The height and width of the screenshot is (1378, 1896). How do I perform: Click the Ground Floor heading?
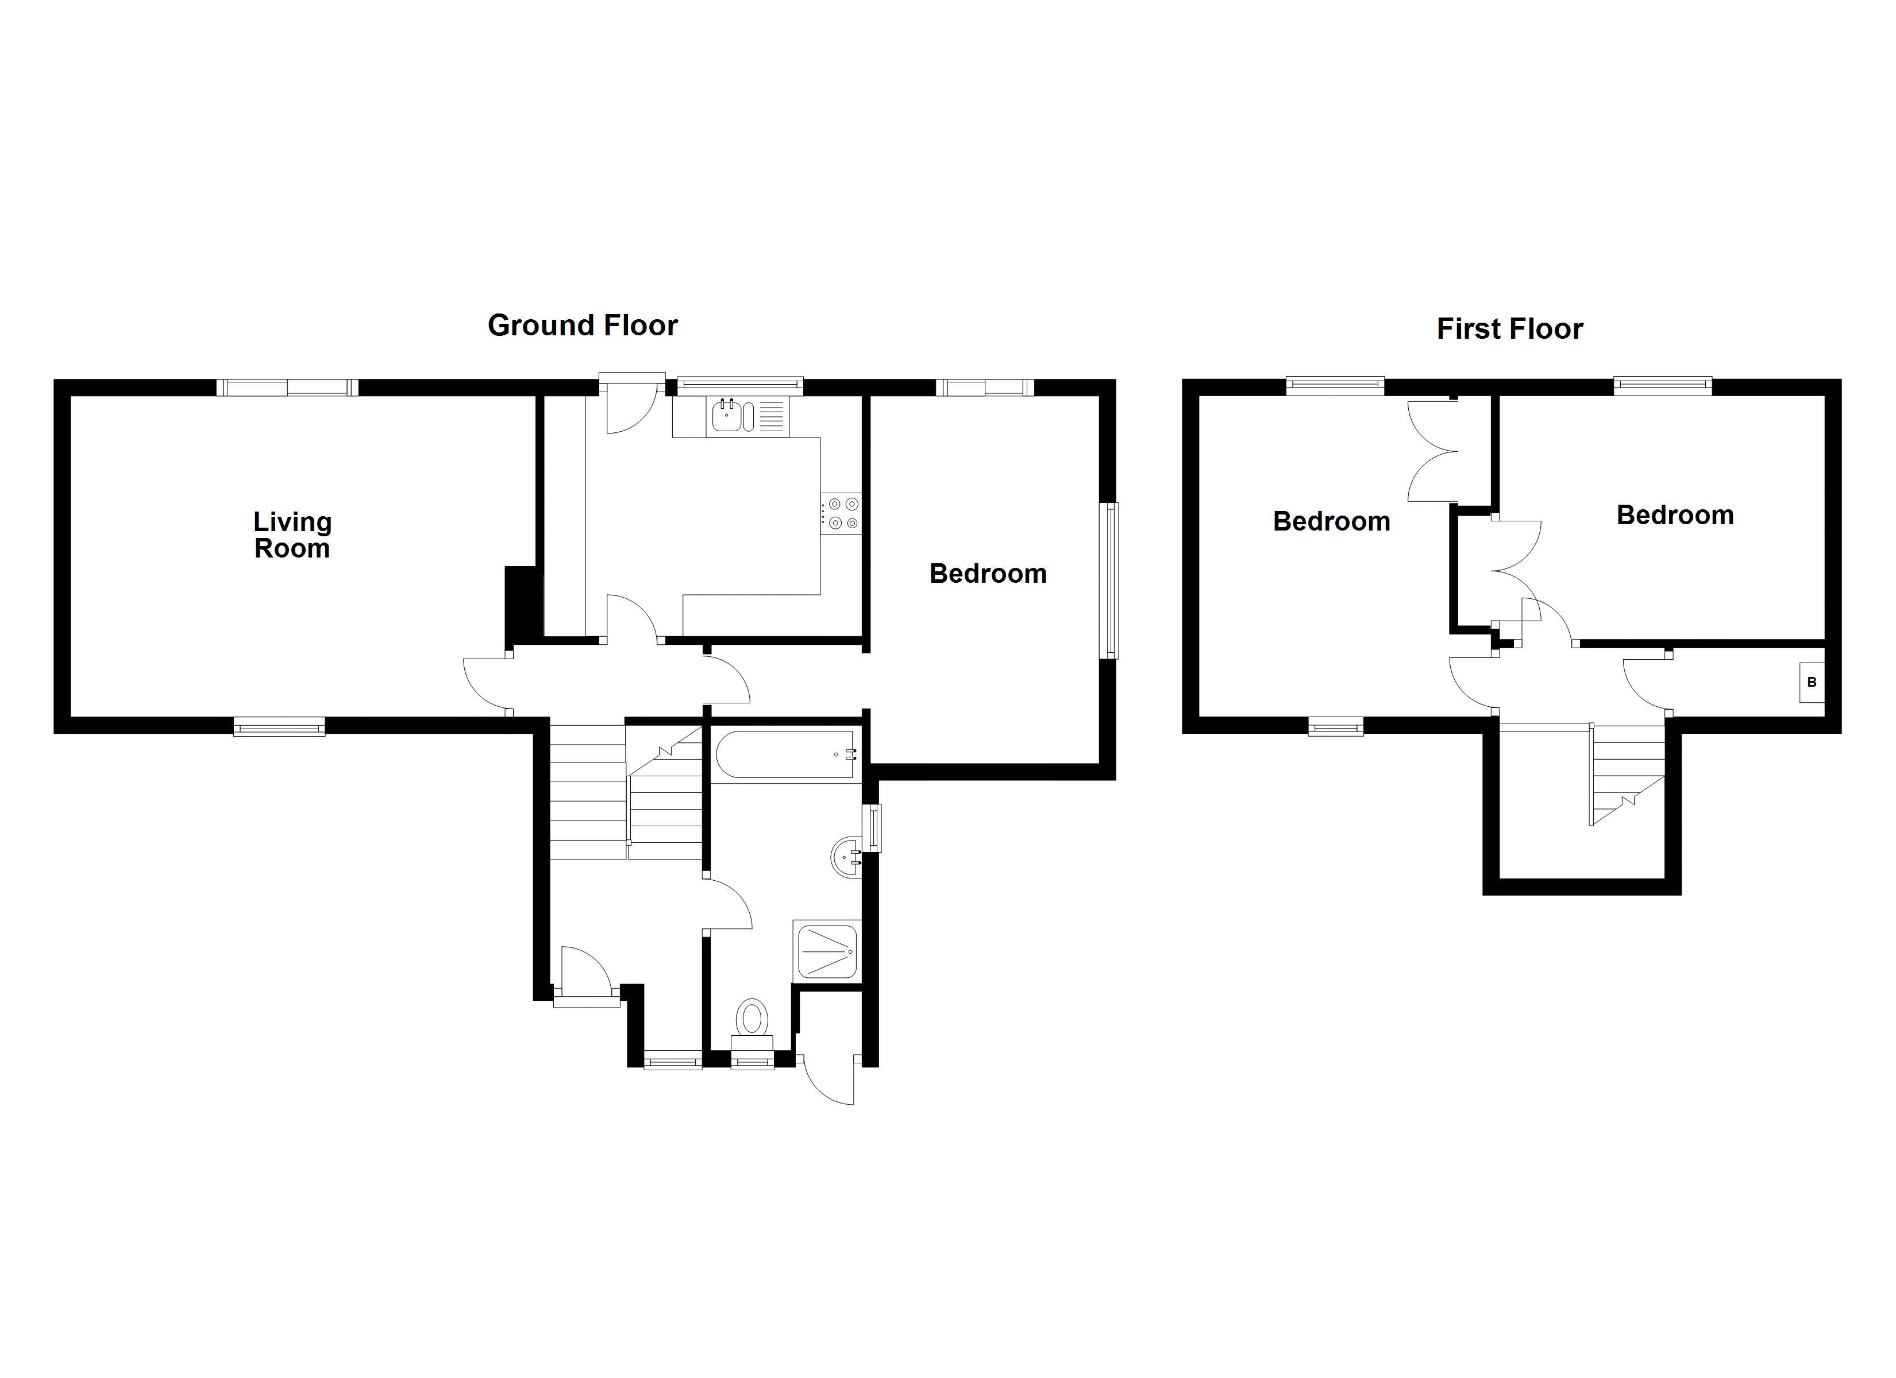(x=582, y=325)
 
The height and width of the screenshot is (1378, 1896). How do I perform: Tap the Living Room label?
(x=292, y=535)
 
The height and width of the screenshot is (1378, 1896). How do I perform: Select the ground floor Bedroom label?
(x=988, y=573)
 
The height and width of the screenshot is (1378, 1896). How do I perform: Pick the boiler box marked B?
(x=1812, y=682)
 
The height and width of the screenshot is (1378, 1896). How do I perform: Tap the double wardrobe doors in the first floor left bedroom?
(x=1433, y=451)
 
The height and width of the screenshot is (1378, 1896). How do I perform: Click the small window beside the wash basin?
(x=872, y=827)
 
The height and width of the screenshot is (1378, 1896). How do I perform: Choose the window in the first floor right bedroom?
(x=1662, y=386)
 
